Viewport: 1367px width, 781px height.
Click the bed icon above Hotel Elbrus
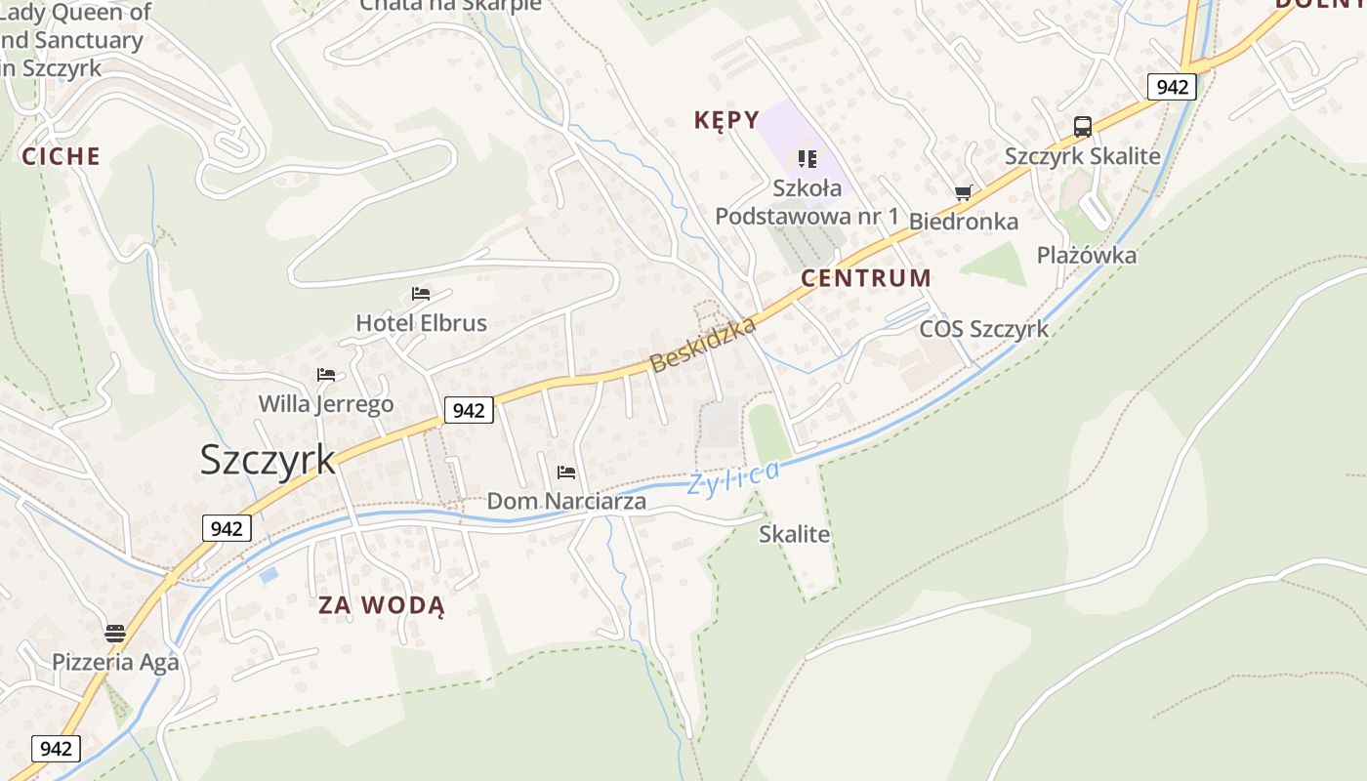pyautogui.click(x=421, y=293)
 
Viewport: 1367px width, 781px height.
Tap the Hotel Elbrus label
pyautogui.click(x=421, y=323)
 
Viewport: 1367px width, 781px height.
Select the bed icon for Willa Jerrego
pyautogui.click(x=326, y=375)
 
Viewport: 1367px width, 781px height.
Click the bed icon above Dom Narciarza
pyautogui.click(x=566, y=473)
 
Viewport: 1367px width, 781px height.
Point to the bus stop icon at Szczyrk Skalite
pyautogui.click(x=1082, y=127)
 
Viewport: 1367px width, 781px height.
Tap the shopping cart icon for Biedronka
pyautogui.click(x=964, y=193)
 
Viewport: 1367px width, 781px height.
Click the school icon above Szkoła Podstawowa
pyautogui.click(x=807, y=157)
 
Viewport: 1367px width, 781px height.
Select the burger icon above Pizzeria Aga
pyautogui.click(x=115, y=634)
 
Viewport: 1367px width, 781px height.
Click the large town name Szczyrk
pyautogui.click(x=268, y=460)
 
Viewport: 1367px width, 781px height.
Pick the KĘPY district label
pyautogui.click(x=726, y=120)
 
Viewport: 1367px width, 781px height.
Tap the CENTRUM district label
pyautogui.click(x=866, y=278)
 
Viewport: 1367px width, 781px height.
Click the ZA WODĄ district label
pyautogui.click(x=382, y=606)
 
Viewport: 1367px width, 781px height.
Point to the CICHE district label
pyautogui.click(x=62, y=156)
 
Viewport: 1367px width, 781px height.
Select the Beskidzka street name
pyautogui.click(x=703, y=345)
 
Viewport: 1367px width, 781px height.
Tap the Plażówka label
pyautogui.click(x=1086, y=256)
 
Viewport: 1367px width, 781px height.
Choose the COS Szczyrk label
pyautogui.click(x=983, y=329)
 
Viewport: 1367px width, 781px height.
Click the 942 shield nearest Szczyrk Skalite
pyautogui.click(x=1172, y=87)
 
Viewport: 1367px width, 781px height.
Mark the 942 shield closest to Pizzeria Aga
pyautogui.click(x=57, y=749)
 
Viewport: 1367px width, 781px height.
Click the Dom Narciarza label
pyautogui.click(x=566, y=502)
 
